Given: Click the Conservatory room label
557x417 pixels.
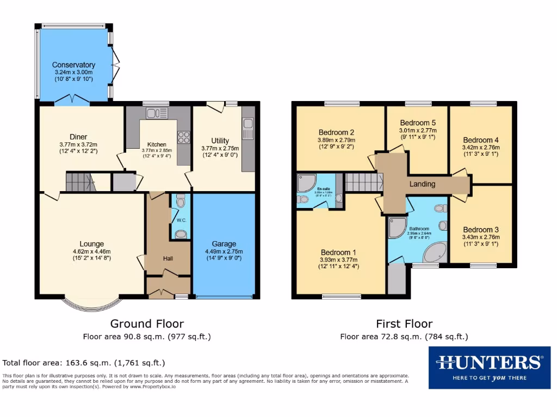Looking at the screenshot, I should point(73,65).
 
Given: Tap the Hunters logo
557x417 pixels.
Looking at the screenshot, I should point(489,367).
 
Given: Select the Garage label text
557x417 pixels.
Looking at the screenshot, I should point(224,244).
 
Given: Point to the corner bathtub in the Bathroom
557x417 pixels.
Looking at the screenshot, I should point(434,252).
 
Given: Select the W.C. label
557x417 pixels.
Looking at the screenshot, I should point(181,220).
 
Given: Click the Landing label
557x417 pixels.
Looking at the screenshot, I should point(422,184).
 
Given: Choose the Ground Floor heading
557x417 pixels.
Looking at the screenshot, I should point(147,324).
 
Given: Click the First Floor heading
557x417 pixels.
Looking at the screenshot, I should point(404,324).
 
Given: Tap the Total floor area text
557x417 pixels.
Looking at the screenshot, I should point(84,363).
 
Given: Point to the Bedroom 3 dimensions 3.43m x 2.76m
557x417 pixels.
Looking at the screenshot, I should point(480,237).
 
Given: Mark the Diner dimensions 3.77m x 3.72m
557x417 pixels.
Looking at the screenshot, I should point(78,144).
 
